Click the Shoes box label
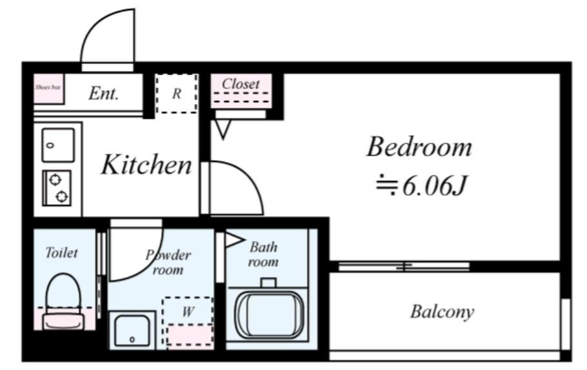48,87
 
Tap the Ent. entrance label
103,94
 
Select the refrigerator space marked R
176,94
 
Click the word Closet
241,83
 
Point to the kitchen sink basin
58,145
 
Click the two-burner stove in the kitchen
57,188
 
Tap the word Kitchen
146,165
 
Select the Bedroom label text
419,147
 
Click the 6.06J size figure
435,185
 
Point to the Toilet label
61,252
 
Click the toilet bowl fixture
63,302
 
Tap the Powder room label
168,262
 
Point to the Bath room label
263,254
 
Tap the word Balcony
442,312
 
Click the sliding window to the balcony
404,267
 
